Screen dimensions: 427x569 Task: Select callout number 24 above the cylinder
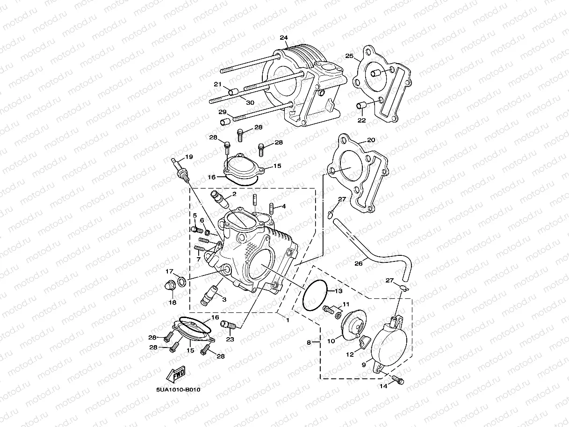pos(284,38)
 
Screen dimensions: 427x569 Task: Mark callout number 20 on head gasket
pos(371,140)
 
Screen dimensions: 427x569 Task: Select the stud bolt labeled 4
pos(272,207)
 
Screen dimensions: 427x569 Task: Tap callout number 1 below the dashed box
pos(288,320)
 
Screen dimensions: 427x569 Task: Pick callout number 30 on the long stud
pos(250,102)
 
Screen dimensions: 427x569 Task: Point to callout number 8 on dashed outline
pos(309,343)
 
